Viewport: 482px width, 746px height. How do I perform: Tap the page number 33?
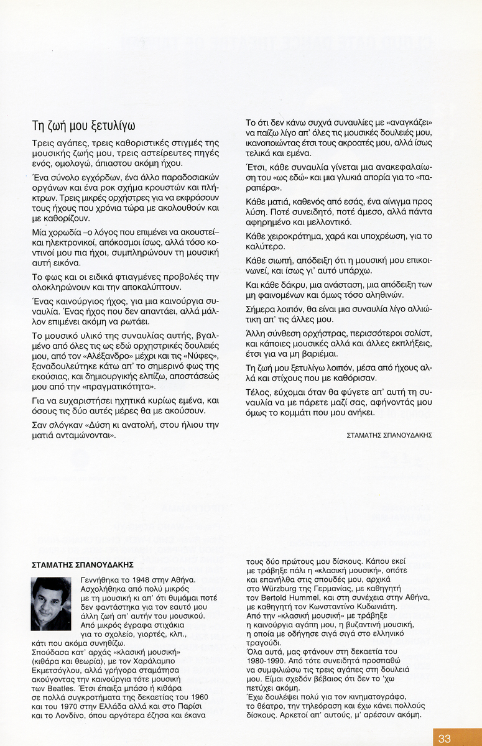(x=444, y=739)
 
